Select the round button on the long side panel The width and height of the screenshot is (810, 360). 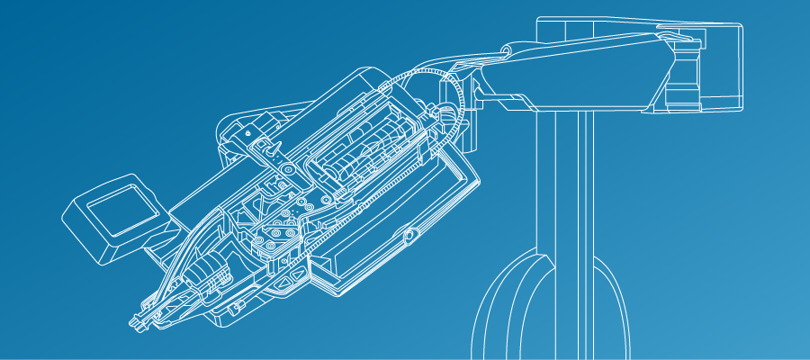coord(409,236)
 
